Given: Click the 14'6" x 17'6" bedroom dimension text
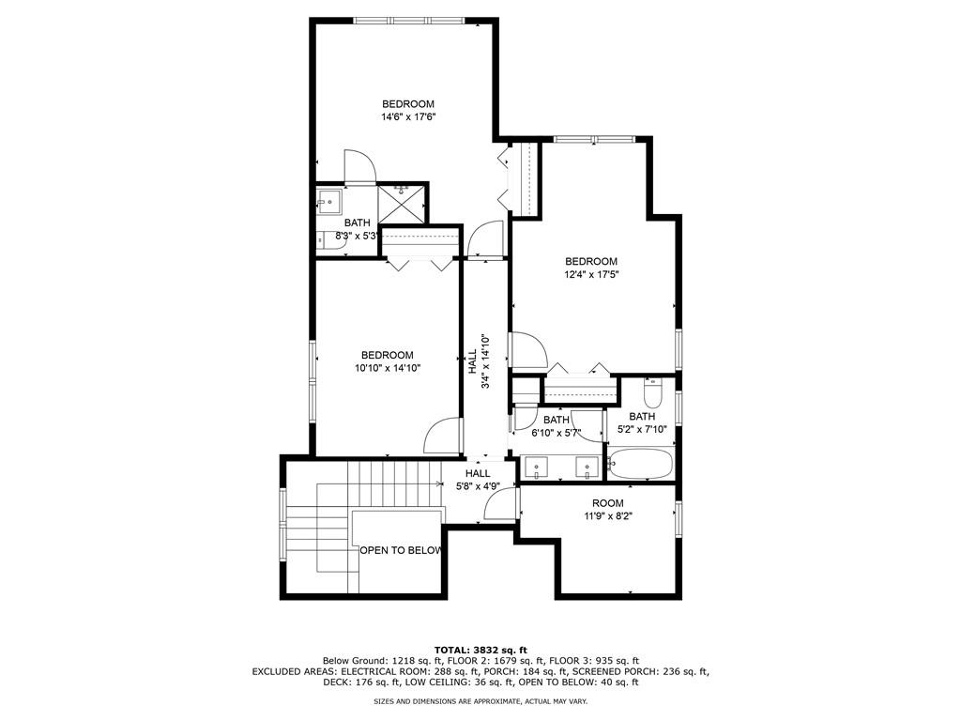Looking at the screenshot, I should [x=408, y=117].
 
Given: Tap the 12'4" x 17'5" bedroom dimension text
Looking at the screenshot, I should [x=591, y=275].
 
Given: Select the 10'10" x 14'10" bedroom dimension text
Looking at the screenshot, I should [x=388, y=369].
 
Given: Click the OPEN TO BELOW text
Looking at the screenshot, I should [x=401, y=550].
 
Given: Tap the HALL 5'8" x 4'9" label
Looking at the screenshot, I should [x=478, y=480].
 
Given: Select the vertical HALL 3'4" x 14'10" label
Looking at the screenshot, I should [x=479, y=361].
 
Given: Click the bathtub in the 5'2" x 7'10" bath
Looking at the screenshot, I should [x=641, y=463].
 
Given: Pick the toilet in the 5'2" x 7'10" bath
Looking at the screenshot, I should [x=654, y=391].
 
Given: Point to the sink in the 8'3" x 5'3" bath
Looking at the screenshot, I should [x=328, y=201].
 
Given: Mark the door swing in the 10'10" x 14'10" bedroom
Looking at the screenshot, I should [x=442, y=435].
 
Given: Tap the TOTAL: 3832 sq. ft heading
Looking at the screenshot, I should [x=480, y=650].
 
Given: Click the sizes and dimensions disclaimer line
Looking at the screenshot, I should [x=480, y=701].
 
